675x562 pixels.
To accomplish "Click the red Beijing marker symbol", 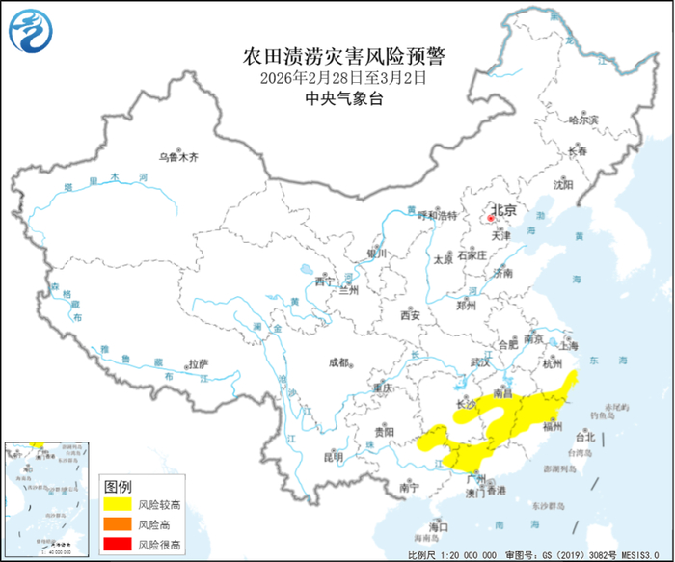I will [x=490, y=219].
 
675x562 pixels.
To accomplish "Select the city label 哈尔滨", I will [x=583, y=120].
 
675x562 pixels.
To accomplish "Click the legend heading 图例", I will [x=118, y=484].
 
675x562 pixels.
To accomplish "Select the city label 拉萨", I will [x=198, y=363].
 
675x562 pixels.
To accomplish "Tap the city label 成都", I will [x=338, y=362].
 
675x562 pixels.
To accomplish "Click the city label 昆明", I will [x=333, y=456].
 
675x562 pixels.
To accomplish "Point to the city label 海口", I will [x=440, y=527].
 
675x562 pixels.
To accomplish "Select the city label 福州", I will [x=553, y=424].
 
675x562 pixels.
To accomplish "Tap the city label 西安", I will [x=410, y=315].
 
